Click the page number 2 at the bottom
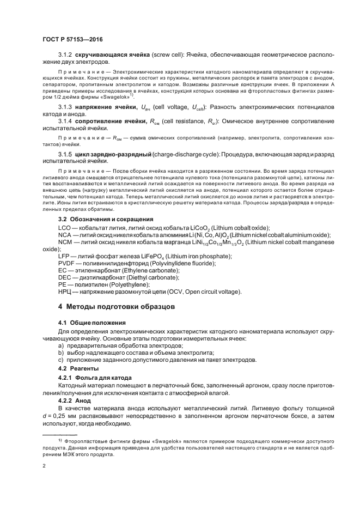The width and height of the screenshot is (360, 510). coord(44,466)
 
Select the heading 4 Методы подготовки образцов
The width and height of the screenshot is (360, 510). coord(117,306)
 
